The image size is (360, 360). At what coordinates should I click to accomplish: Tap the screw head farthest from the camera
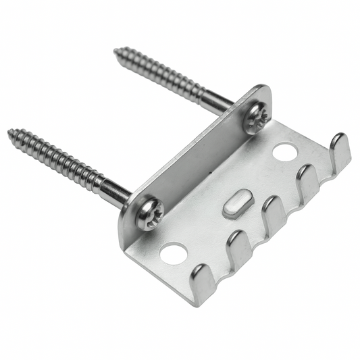click(x=258, y=118)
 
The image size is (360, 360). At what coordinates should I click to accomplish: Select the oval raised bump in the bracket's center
click(x=236, y=203)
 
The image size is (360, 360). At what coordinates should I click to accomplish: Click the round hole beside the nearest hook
click(x=174, y=253)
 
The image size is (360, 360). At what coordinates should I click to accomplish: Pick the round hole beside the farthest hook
click(x=284, y=151)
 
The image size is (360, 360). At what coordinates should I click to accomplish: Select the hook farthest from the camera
click(x=340, y=151)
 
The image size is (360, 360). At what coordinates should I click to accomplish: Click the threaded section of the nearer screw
click(x=57, y=159)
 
